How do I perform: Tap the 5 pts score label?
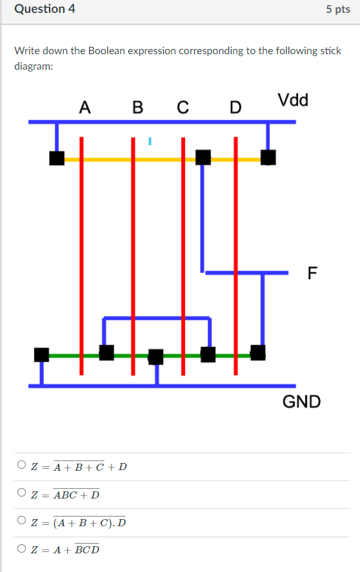click(338, 10)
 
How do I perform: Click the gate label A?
click(84, 107)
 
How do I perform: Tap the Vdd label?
click(294, 100)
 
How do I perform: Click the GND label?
click(301, 402)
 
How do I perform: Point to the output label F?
click(313, 273)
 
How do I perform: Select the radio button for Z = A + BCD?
click(22, 549)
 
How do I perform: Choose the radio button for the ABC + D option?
click(22, 494)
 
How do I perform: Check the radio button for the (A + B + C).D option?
click(22, 521)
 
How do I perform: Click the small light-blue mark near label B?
click(150, 139)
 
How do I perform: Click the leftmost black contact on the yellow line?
click(57, 158)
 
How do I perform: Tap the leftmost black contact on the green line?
click(42, 354)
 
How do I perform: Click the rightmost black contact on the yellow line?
click(268, 157)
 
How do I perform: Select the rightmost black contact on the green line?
click(257, 352)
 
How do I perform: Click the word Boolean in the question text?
click(96, 50)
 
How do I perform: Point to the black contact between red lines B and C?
click(156, 357)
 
